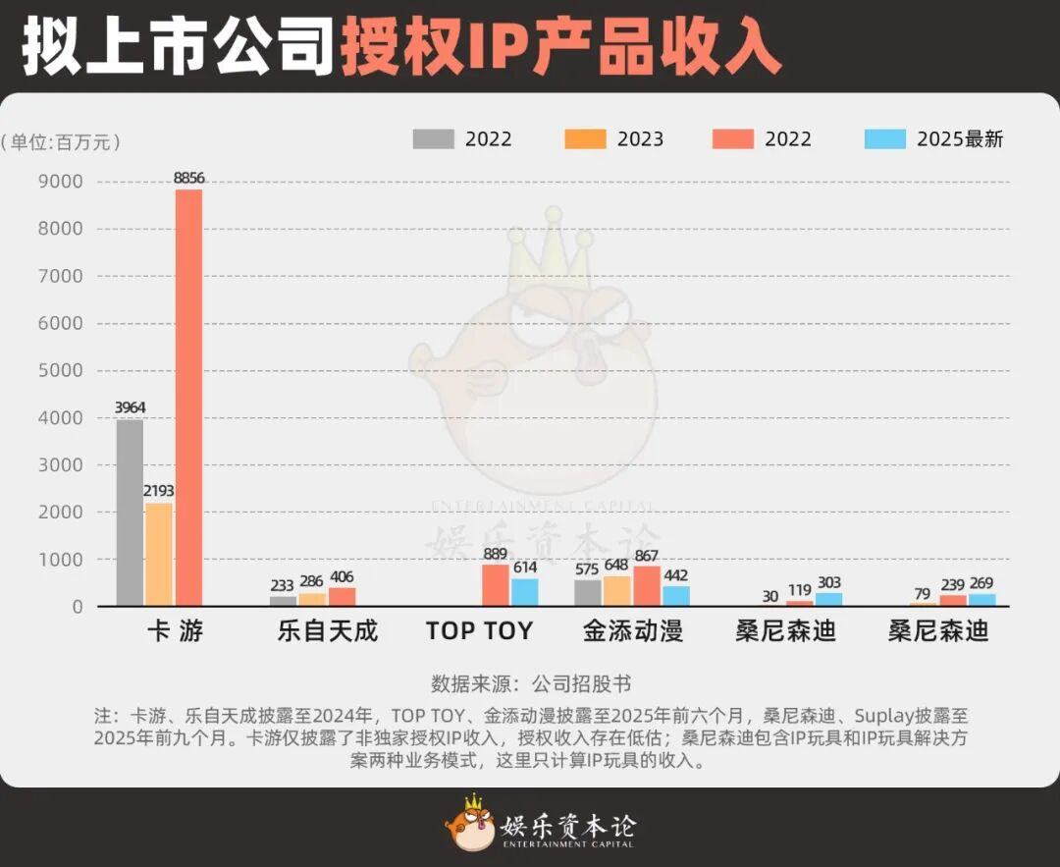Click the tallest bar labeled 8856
point(188,397)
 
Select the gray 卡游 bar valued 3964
point(130,513)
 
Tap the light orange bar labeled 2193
point(159,554)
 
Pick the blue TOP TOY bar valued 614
point(525,592)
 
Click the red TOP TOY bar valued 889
point(496,585)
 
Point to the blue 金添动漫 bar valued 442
point(676,596)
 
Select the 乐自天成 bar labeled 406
point(342,597)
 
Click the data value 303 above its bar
point(828,583)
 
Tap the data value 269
point(981,583)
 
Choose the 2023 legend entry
point(615,139)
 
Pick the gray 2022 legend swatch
point(433,139)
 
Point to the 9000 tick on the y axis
point(61,182)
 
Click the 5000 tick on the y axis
point(61,371)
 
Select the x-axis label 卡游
point(175,630)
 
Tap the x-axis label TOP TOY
point(479,630)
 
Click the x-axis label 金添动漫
point(632,630)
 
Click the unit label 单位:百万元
point(61,142)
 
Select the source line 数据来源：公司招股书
point(530,683)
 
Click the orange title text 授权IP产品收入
point(560,47)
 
